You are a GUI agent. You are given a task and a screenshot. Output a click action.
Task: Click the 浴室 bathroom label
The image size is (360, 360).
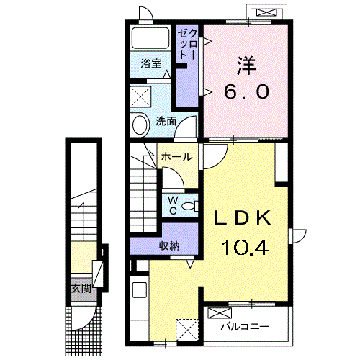tap(151, 63)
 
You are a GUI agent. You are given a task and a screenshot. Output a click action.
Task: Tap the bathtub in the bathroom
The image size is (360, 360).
tap(150, 38)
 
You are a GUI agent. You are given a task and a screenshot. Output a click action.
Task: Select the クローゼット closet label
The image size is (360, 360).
tap(187, 45)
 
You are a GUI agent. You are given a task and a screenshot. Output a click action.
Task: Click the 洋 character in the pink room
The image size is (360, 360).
tap(246, 66)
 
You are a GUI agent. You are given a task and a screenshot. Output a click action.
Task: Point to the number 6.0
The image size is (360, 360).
tap(246, 92)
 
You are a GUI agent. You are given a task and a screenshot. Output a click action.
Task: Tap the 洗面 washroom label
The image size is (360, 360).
tap(166, 122)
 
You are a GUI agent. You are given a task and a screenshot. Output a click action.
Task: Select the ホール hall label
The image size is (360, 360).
tap(177, 157)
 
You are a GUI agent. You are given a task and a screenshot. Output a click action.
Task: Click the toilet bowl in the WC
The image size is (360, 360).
tap(189, 206)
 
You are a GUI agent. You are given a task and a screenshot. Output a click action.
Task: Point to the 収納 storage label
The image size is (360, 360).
tap(169, 246)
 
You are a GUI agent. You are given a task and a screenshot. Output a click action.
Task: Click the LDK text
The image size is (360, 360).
tap(243, 217)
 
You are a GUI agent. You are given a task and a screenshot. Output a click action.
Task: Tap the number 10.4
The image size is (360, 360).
tap(245, 248)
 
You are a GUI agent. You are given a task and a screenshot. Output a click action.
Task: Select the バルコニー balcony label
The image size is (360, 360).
tap(245, 327)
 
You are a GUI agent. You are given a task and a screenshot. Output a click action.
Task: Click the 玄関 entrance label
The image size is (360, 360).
tap(81, 288)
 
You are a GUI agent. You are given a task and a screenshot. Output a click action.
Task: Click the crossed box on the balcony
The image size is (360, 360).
tap(220, 313)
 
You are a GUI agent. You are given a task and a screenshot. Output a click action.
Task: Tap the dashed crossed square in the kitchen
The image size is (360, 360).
tap(187, 330)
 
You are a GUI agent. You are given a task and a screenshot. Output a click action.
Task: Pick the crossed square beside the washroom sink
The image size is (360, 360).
tap(141, 96)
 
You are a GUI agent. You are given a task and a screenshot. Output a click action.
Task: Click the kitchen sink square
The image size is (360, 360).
tap(140, 290)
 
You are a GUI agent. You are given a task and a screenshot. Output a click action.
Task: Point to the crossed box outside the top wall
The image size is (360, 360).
tap(266, 12)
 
